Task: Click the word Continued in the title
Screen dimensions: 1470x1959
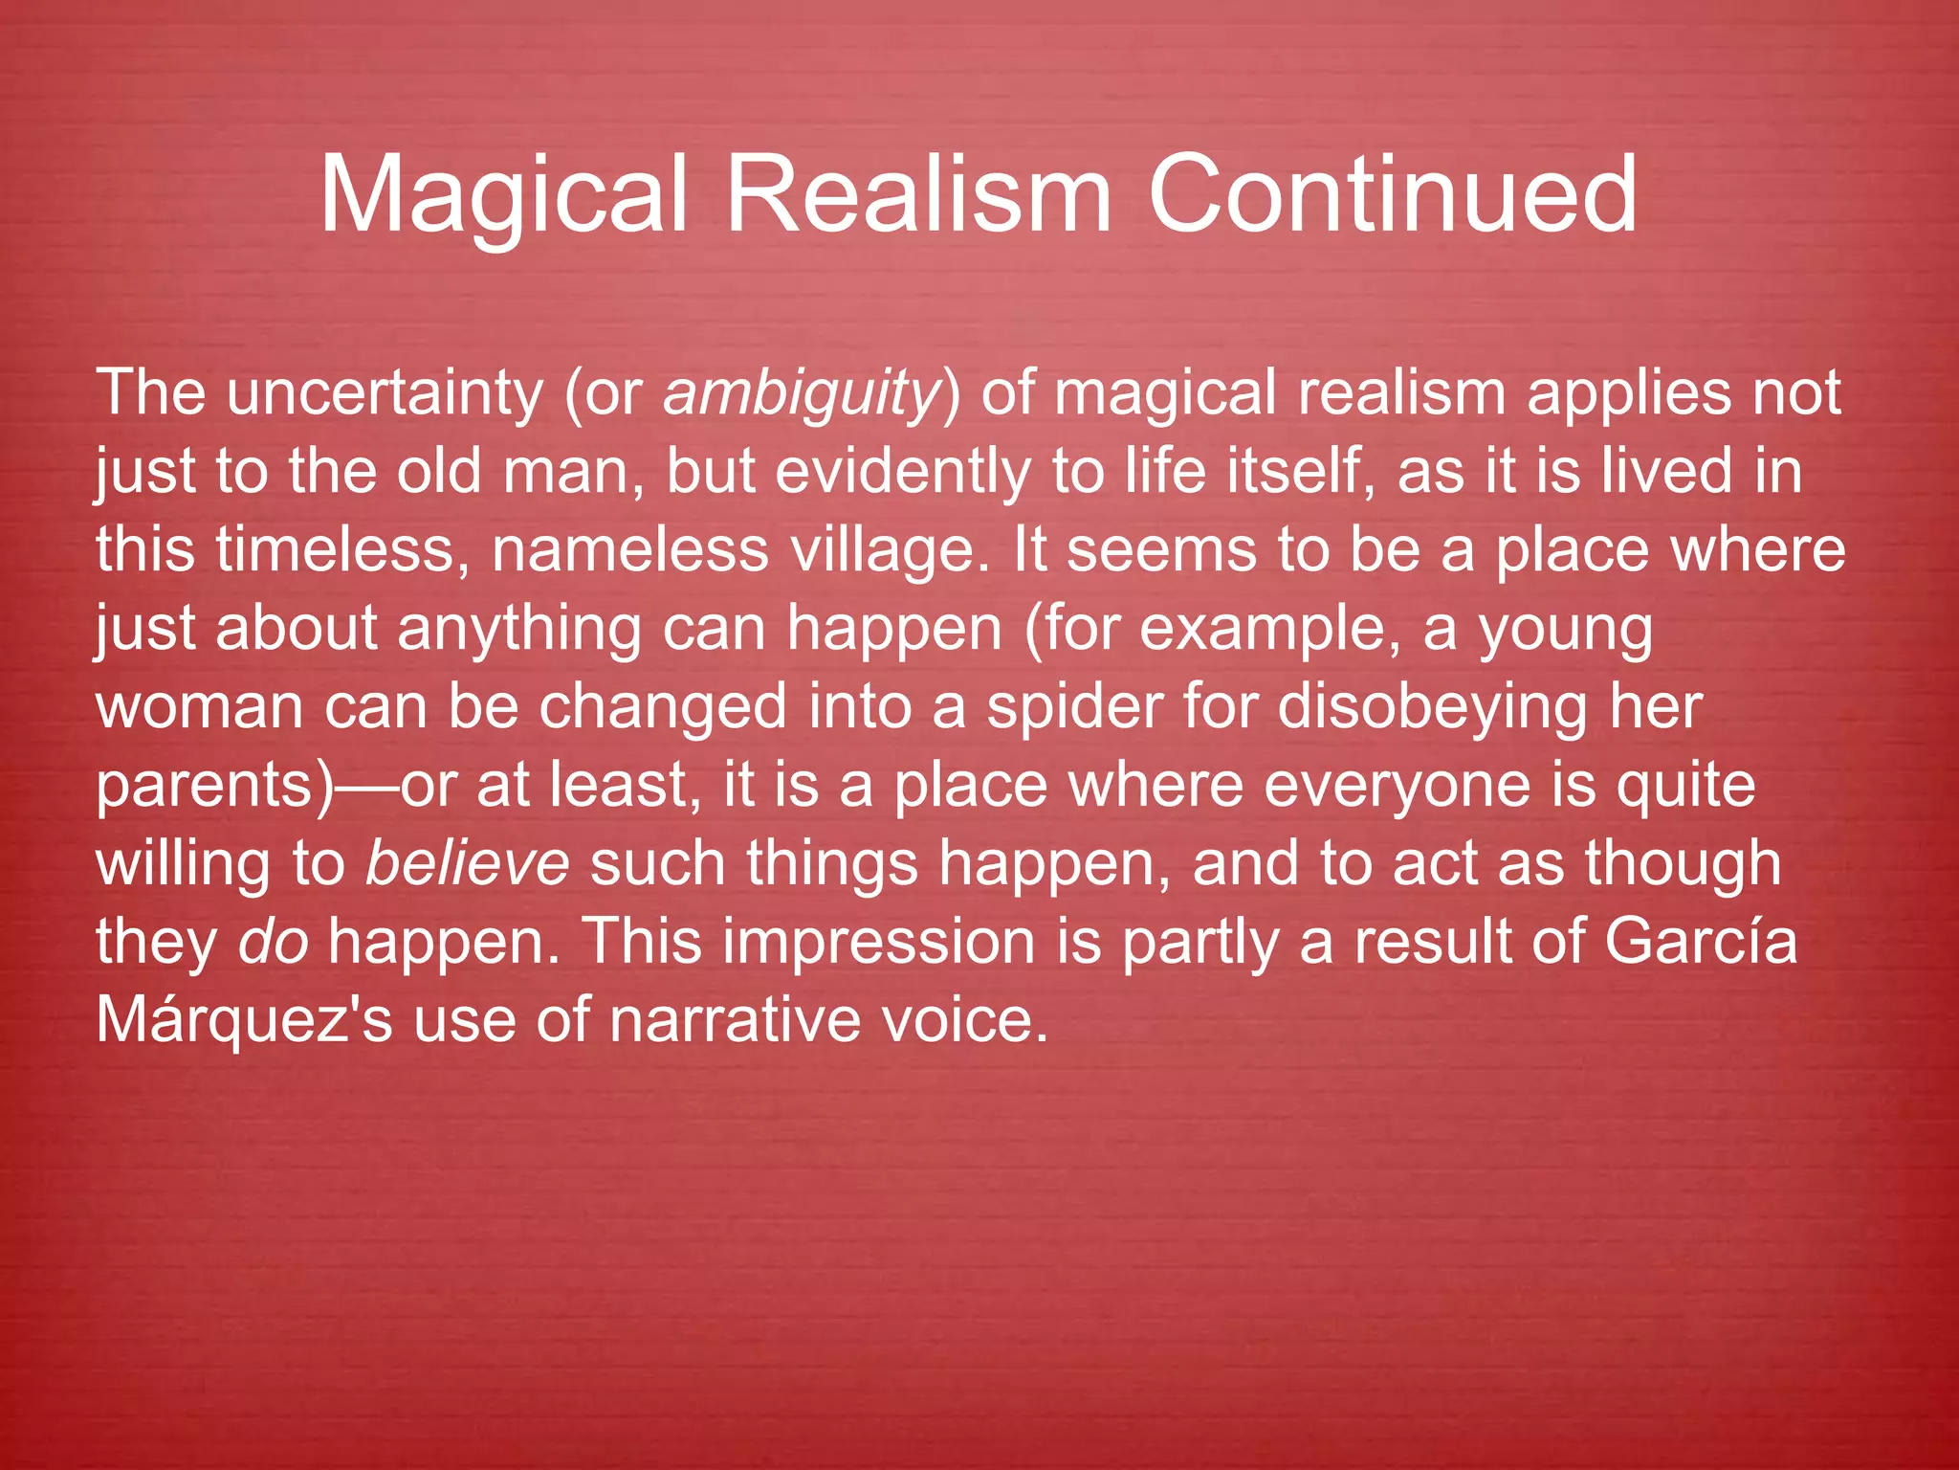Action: [x=1392, y=196]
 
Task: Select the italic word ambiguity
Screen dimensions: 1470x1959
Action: [x=802, y=394]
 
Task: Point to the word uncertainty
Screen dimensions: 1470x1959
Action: [x=385, y=394]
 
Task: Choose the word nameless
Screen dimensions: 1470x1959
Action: [x=628, y=551]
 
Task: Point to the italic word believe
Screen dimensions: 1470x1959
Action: [x=468, y=864]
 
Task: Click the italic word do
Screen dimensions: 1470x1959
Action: [x=273, y=943]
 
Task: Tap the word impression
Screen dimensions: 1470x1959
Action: [x=878, y=943]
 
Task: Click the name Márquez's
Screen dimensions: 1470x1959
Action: [x=244, y=1021]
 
